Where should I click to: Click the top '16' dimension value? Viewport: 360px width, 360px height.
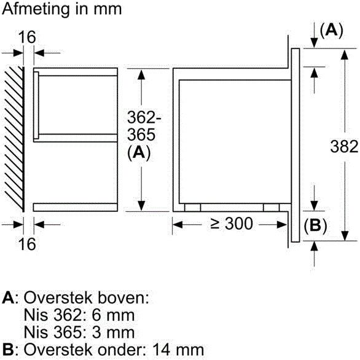coord(26,37)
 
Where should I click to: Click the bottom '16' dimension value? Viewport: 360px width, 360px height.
coord(26,244)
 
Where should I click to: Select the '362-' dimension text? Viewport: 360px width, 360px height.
coord(143,116)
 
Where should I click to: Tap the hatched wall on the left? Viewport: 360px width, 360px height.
coord(14,138)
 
